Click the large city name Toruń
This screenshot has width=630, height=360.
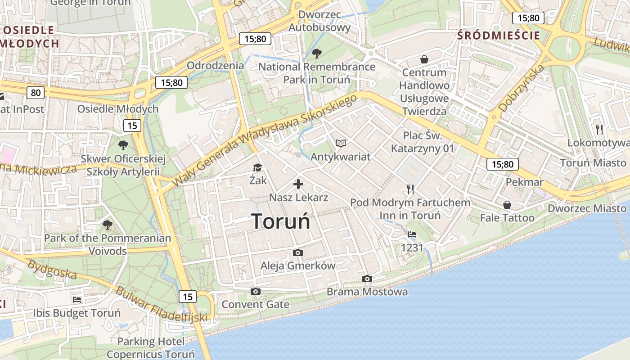tap(281, 221)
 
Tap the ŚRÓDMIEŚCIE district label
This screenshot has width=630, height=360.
tap(498, 36)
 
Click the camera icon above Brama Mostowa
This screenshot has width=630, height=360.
tap(367, 279)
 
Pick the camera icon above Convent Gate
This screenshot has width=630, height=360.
tap(256, 292)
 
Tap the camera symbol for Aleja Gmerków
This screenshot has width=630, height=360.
tap(297, 253)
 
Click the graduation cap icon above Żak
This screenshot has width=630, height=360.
tap(257, 168)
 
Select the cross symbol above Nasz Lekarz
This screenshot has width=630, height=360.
tap(298, 184)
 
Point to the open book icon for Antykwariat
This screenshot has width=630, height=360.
tap(341, 144)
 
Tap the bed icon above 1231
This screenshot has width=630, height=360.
tap(412, 234)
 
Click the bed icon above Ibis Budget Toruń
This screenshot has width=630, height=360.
tap(77, 300)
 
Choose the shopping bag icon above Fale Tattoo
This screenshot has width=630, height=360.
tap(507, 205)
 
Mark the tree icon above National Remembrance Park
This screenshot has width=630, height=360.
tap(317, 54)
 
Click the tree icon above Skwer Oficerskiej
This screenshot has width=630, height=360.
tap(123, 145)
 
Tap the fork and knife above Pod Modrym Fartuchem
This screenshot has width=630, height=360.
tap(410, 189)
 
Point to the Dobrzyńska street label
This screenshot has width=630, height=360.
tap(522, 88)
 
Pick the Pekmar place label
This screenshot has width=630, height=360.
tap(525, 182)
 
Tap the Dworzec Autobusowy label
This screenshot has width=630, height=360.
tap(319, 21)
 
